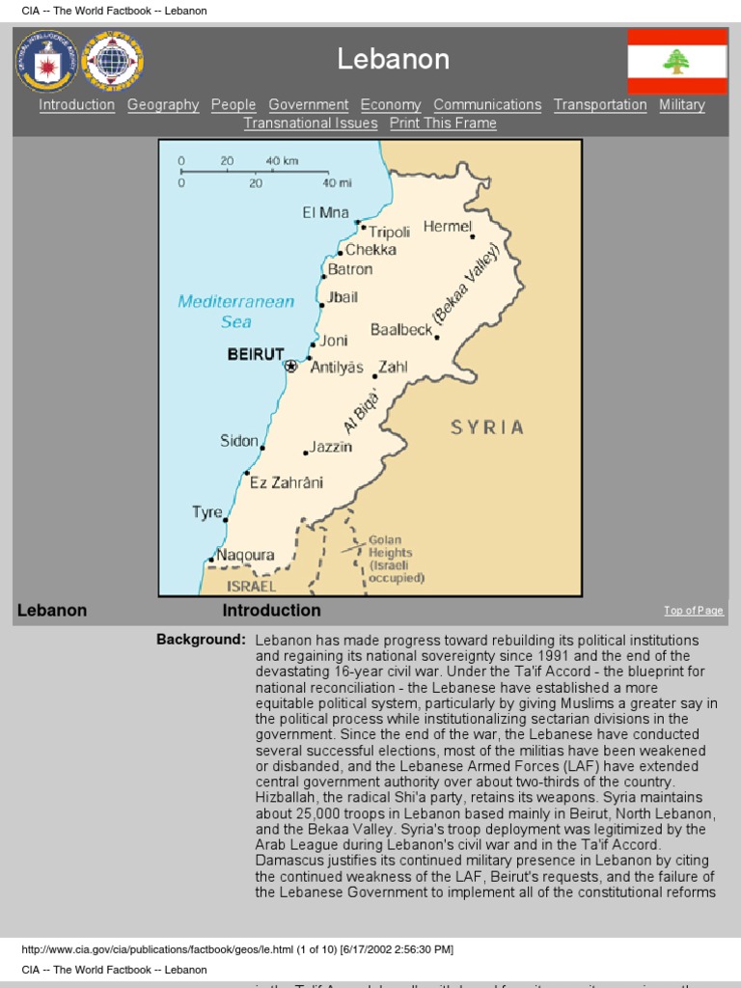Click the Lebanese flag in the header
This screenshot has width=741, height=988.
(677, 62)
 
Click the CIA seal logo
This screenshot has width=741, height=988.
(45, 62)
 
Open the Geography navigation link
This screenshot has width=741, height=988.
(163, 105)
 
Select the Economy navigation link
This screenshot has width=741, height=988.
(391, 105)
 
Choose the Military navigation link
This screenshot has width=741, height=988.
(682, 105)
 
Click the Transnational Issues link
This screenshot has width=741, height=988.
(311, 123)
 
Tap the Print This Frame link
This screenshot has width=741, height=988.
(443, 123)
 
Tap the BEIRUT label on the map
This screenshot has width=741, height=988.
(256, 354)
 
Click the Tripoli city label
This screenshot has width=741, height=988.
(390, 232)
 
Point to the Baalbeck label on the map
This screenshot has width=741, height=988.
(401, 330)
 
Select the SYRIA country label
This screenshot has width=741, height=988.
(487, 426)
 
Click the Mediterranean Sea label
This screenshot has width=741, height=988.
(235, 312)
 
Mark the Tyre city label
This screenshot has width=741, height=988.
(206, 512)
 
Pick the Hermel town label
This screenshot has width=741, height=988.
(447, 226)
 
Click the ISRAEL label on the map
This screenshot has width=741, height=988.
(251, 586)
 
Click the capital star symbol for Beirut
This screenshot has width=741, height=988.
(290, 366)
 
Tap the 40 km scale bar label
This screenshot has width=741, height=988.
(282, 160)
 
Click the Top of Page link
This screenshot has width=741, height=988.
(693, 611)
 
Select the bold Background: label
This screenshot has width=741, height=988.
(201, 640)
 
